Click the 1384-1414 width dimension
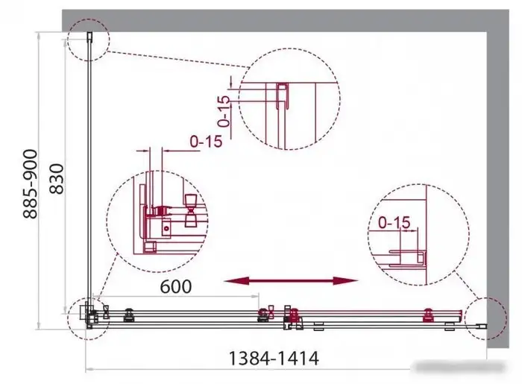pyautogui.click(x=274, y=359)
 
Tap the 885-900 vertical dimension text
pyautogui.click(x=31, y=184)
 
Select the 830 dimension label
pyautogui.click(x=57, y=179)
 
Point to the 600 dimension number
pyautogui.click(x=176, y=286)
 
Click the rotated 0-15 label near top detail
pyautogui.click(x=224, y=112)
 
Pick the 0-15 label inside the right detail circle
pyautogui.click(x=394, y=223)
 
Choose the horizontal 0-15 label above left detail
pyautogui.click(x=206, y=142)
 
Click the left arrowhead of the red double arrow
pyautogui.click(x=236, y=281)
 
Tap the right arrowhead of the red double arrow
pyautogui.click(x=346, y=281)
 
